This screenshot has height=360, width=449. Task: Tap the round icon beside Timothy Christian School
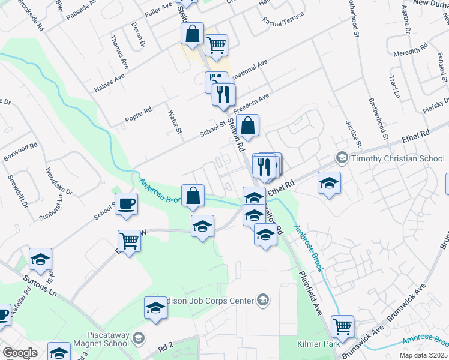coord(343,158)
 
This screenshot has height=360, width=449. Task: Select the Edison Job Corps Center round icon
coord(262,299)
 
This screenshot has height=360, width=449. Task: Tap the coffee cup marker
coord(126,204)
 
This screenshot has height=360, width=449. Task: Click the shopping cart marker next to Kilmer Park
coord(342,327)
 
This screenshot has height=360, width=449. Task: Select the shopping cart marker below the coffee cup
coord(130,241)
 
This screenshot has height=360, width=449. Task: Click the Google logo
coord(20,353)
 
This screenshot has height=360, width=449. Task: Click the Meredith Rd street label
coord(411,49)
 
